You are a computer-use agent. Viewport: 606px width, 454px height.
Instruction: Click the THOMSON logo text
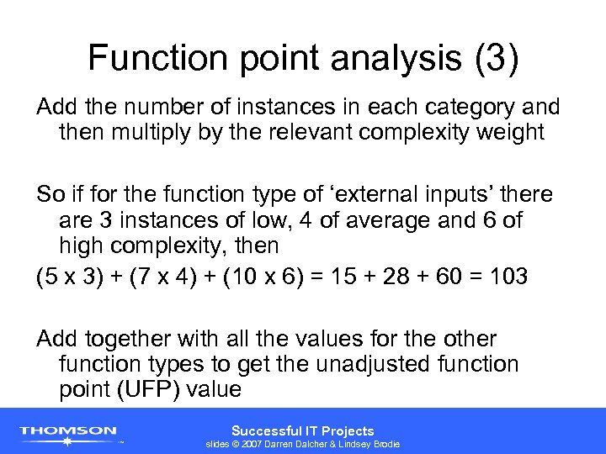(x=68, y=430)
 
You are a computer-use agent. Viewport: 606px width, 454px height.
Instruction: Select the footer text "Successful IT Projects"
(x=302, y=430)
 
